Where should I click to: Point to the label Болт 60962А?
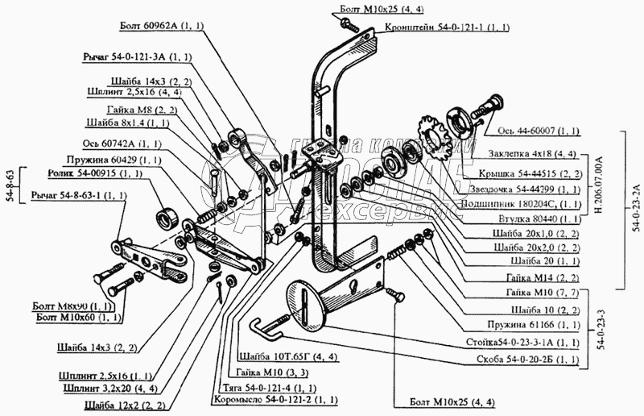point(164,27)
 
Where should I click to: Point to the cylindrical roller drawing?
point(170,218)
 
